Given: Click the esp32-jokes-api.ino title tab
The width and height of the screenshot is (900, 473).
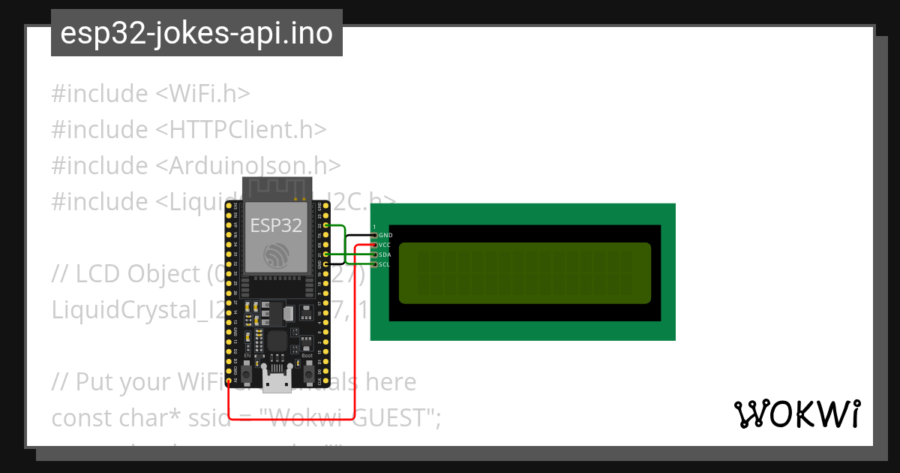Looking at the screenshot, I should (x=196, y=33).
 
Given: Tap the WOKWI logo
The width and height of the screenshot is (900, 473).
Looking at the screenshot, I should (x=796, y=414).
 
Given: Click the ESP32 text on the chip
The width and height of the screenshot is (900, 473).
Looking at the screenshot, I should (x=275, y=224).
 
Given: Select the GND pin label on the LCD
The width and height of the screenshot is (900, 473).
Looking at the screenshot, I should (x=385, y=235).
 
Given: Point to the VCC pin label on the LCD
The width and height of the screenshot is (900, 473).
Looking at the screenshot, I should (x=385, y=245).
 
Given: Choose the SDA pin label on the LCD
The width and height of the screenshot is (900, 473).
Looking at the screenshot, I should (x=385, y=255).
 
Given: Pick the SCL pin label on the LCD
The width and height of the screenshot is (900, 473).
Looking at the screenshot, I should (x=385, y=264).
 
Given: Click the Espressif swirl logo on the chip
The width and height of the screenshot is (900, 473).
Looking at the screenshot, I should (x=276, y=255).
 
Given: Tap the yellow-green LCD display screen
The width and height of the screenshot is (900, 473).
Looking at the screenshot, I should (x=524, y=273).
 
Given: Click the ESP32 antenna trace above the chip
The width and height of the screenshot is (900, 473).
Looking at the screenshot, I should (x=276, y=188).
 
